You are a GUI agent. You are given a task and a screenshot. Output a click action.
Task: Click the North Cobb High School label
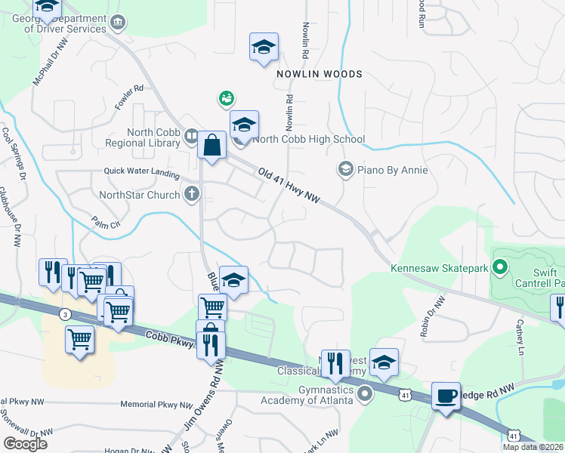point(308,139)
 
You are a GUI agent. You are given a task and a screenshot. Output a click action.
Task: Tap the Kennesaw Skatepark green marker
point(499,267)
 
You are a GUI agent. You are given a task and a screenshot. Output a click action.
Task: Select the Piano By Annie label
point(393,170)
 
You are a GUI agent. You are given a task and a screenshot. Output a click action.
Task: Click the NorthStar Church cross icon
point(192,195)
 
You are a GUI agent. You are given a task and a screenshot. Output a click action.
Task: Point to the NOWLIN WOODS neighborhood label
point(319,74)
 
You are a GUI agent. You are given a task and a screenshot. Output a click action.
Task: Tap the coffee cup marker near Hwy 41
point(446,395)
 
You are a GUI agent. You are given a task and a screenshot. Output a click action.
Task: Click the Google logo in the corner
point(25,443)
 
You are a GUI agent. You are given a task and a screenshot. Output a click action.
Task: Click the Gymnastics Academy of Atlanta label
point(305,393)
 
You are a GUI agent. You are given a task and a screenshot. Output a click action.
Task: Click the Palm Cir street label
point(106,224)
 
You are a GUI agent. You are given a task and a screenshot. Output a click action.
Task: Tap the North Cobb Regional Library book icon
point(192,137)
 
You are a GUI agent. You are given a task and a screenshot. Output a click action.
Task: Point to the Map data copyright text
point(533,447)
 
